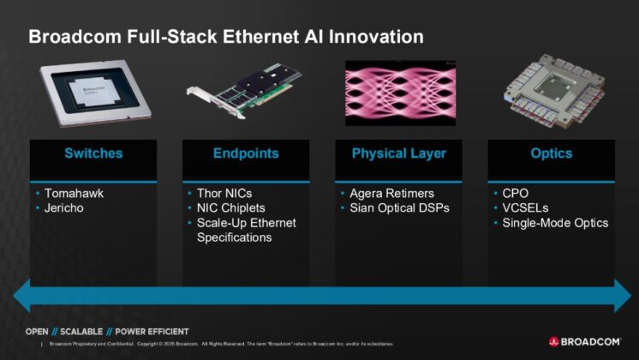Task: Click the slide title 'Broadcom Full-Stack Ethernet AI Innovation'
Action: coord(226,37)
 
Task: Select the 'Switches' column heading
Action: coord(93,154)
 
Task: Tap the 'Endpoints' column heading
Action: coord(245,154)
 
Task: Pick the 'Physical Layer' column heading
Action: coord(398,154)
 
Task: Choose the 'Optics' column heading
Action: coord(551,154)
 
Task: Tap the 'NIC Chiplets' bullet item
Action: coord(231,208)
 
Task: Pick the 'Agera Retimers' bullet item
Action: coord(391,193)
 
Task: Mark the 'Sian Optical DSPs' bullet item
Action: coord(400,208)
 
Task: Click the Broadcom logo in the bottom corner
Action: coord(585,341)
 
